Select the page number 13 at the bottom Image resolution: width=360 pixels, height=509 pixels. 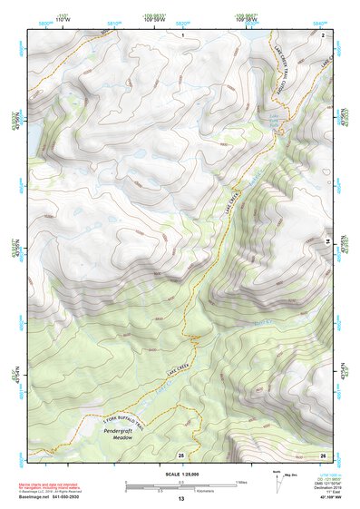(180, 499)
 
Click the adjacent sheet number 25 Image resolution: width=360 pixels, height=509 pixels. (180, 454)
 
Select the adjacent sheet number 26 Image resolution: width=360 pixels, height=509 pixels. (323, 454)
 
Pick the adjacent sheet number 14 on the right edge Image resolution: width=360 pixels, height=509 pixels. (327, 240)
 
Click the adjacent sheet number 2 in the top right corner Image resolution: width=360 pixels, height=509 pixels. (323, 34)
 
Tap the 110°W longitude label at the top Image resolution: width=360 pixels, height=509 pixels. (63, 18)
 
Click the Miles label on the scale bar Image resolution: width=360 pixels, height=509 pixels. (241, 482)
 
